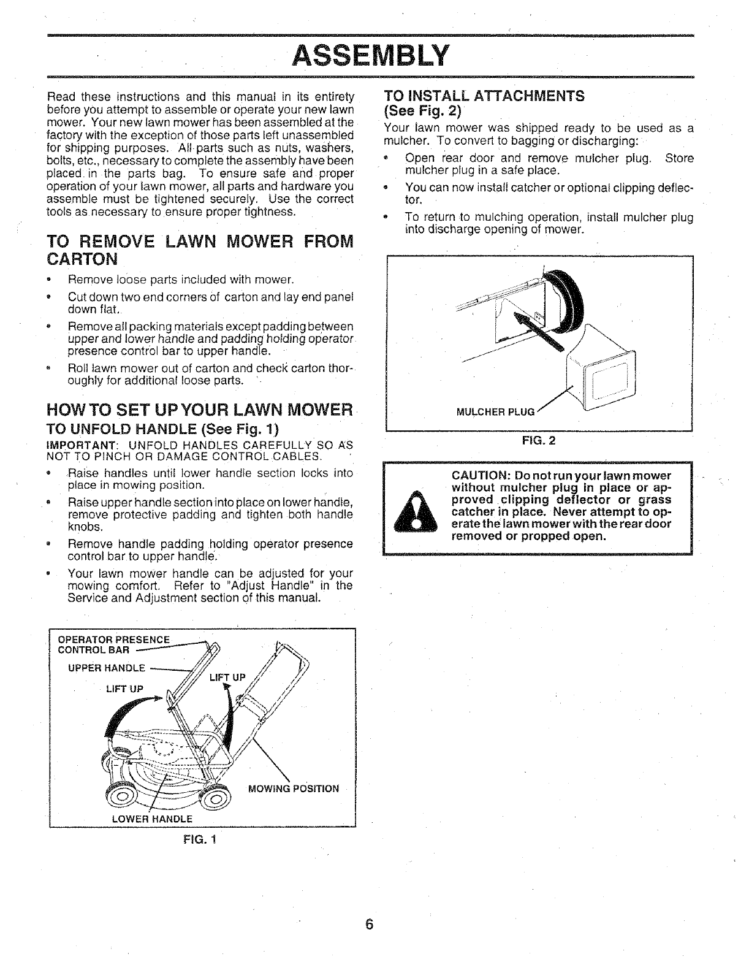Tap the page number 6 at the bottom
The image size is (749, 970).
coord(370,925)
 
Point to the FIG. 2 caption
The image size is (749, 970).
coord(539,440)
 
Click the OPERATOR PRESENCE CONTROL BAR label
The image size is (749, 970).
coord(114,644)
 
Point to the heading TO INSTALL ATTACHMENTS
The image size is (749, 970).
coord(484,96)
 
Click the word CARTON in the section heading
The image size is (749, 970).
coord(82,259)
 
